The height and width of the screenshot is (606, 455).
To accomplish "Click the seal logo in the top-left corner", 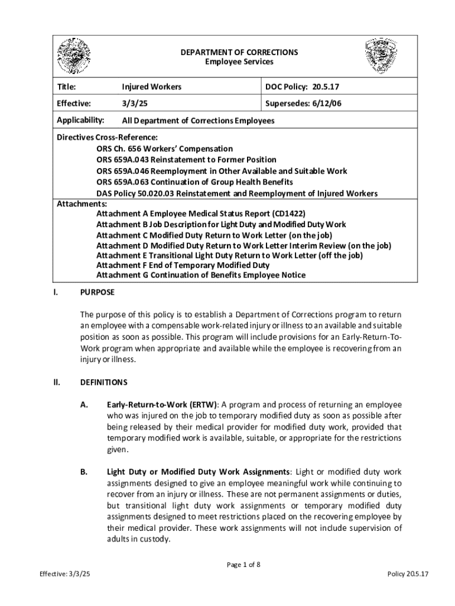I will [x=74, y=56].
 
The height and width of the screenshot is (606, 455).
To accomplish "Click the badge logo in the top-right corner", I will [x=381, y=56].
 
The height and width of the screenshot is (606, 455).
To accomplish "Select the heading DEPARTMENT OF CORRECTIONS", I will [x=239, y=52].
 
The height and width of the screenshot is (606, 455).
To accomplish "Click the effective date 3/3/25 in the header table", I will [x=131, y=104].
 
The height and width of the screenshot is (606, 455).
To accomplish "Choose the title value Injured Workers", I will [x=151, y=87].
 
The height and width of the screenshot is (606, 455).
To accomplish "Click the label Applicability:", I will [x=80, y=120].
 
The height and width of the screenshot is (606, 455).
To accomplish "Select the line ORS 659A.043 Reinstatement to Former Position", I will [x=186, y=160].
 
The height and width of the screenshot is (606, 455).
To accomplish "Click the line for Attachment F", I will [x=183, y=265].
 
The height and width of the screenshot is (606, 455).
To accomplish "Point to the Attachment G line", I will [x=201, y=275].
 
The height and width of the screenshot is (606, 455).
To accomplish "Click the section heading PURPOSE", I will [x=97, y=292].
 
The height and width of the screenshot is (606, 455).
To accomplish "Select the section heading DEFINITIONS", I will [x=103, y=382].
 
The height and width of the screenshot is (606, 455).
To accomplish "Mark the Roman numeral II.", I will [x=57, y=382].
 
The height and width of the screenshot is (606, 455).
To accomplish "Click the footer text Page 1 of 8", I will [x=244, y=564].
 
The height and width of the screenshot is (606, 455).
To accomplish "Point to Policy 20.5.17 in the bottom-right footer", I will [x=408, y=575].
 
